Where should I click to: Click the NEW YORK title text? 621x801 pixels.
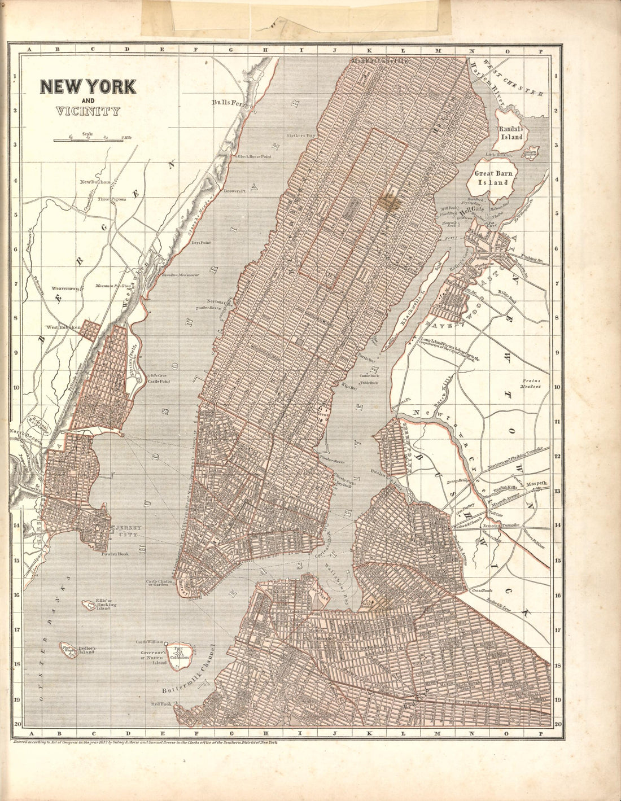pyautogui.click(x=88, y=86)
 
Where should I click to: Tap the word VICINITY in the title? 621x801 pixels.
pyautogui.click(x=88, y=110)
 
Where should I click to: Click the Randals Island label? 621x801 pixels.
pyautogui.click(x=511, y=133)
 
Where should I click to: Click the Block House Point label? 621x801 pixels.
pyautogui.click(x=254, y=156)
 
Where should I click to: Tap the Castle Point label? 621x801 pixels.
pyautogui.click(x=159, y=382)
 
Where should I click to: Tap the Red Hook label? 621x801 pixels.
pyautogui.click(x=160, y=704)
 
